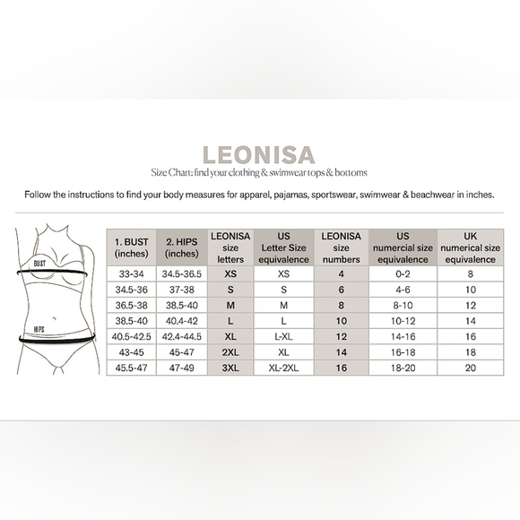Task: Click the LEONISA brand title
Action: [x=259, y=154]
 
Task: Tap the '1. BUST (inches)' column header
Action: [x=131, y=247]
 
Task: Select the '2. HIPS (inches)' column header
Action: [x=182, y=247]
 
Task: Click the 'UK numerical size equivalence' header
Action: [x=470, y=247]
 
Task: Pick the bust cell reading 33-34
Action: [x=131, y=273]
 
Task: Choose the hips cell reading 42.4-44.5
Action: [x=182, y=336]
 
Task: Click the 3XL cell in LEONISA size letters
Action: [x=230, y=368]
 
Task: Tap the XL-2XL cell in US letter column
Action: [x=284, y=368]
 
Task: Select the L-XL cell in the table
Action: [x=284, y=336]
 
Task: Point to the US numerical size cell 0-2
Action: [x=403, y=273]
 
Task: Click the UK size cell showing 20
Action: [x=470, y=368]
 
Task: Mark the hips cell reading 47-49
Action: [x=182, y=368]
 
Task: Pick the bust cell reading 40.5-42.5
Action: [x=131, y=336]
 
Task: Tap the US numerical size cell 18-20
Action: [x=403, y=368]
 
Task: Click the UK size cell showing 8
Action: [x=470, y=273]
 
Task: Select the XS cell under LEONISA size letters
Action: [x=230, y=273]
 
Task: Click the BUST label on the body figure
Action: [x=39, y=264]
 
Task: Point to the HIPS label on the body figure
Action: [x=39, y=329]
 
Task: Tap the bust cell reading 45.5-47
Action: [x=131, y=368]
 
